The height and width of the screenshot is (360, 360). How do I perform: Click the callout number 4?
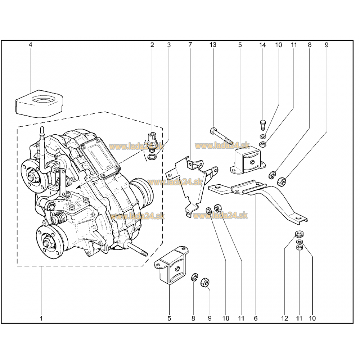pyautogui.click(x=30, y=45)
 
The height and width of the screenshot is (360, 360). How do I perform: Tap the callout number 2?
pyautogui.click(x=152, y=45)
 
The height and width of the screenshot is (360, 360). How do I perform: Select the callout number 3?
pyautogui.click(x=169, y=45)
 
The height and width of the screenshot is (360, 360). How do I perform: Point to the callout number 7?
pyautogui.click(x=190, y=45)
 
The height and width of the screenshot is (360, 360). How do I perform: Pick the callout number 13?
pyautogui.click(x=213, y=45)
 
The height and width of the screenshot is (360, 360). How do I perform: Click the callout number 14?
pyautogui.click(x=262, y=45)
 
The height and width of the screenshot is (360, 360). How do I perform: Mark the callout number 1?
pyautogui.click(x=41, y=318)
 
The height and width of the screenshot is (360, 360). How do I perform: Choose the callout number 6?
pyautogui.click(x=256, y=318)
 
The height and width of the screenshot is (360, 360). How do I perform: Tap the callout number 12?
pyautogui.click(x=285, y=318)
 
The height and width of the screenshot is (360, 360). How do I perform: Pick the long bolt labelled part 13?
pyautogui.click(x=222, y=135)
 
